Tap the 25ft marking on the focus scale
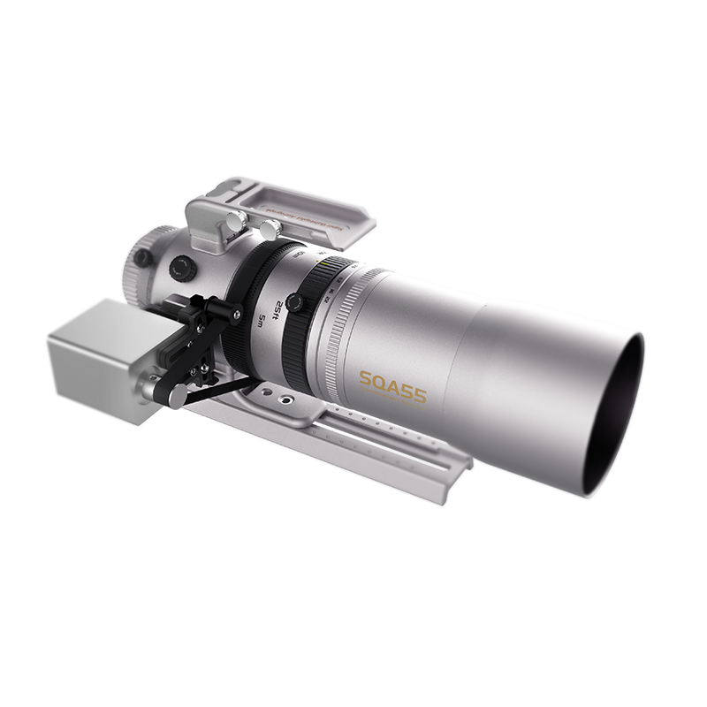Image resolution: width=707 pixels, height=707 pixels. point(279,311)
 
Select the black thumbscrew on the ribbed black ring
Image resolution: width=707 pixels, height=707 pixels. point(297,302)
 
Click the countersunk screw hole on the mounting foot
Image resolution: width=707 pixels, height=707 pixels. point(287,401)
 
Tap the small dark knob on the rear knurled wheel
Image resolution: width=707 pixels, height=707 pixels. point(141,257)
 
